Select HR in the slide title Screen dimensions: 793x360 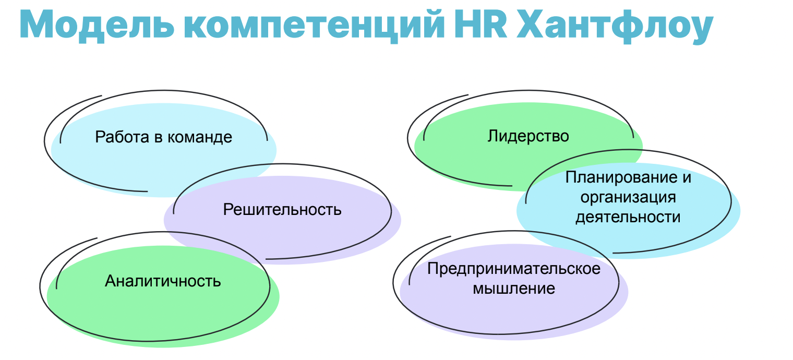click(x=481, y=24)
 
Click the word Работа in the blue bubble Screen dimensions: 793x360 click(x=122, y=137)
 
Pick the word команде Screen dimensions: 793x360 click(x=200, y=138)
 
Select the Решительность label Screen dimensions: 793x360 click(x=282, y=210)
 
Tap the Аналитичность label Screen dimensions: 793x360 click(x=163, y=281)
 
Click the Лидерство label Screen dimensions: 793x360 click(x=528, y=136)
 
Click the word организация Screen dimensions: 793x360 click(x=628, y=198)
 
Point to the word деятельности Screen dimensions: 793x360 click(x=628, y=217)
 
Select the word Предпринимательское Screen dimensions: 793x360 click(x=514, y=269)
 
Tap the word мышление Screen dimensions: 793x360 click(x=514, y=289)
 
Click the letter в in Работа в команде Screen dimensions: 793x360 click(x=158, y=138)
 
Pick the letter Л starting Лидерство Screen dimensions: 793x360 click(x=493, y=136)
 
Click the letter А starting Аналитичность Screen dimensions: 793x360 click(x=111, y=281)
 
